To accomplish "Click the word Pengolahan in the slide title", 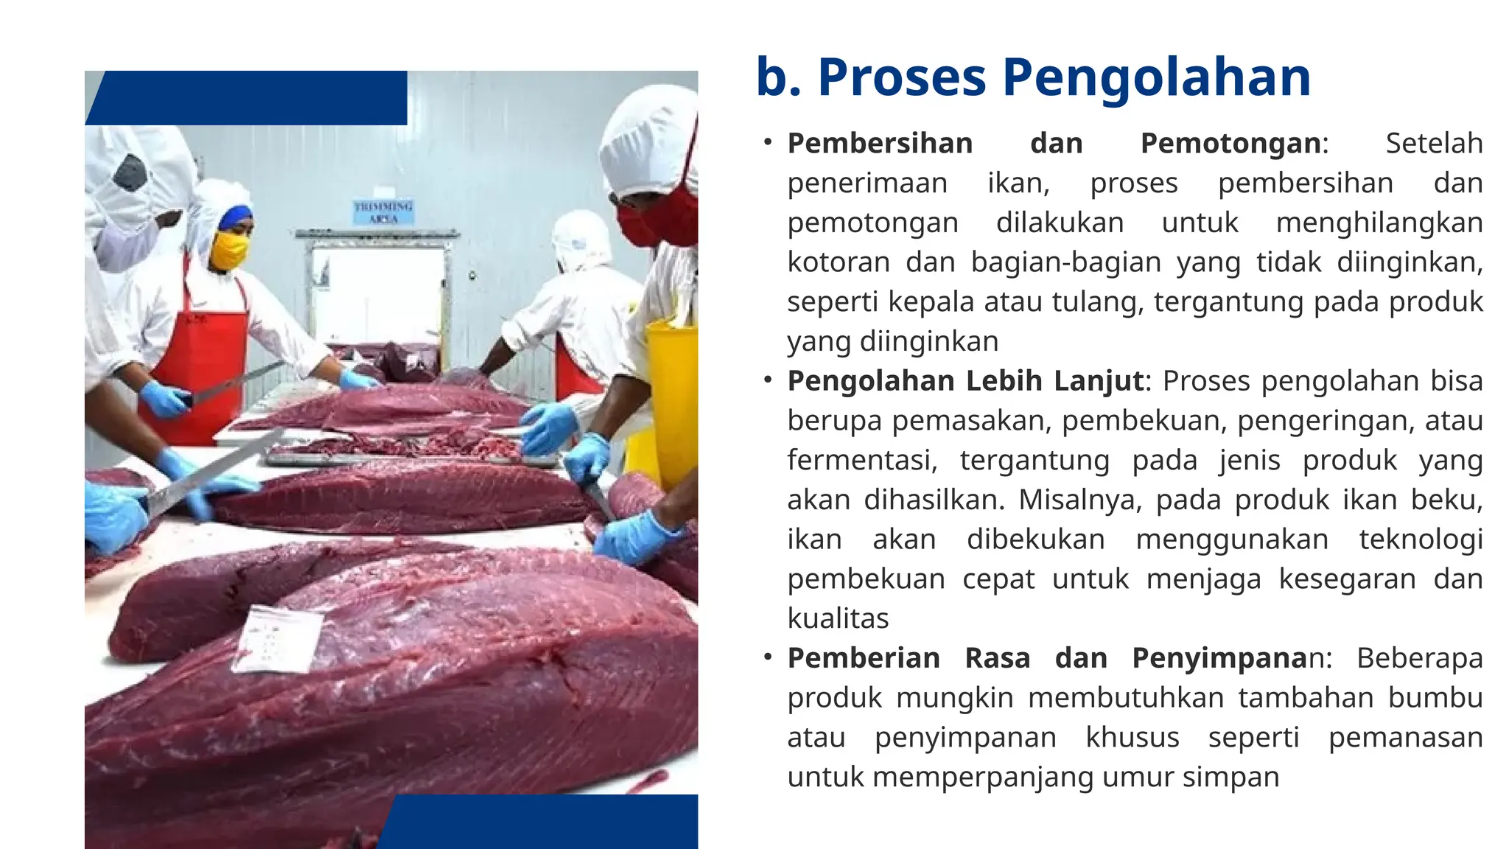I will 1156,78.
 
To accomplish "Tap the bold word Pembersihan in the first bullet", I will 880,143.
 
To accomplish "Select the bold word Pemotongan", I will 1230,143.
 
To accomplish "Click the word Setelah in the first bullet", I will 1434,143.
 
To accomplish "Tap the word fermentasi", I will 861,461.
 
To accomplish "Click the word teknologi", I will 1421,539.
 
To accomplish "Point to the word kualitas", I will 838,619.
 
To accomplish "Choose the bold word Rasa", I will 997,658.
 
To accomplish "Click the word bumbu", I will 1435,698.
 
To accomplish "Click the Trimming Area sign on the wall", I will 383,212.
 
